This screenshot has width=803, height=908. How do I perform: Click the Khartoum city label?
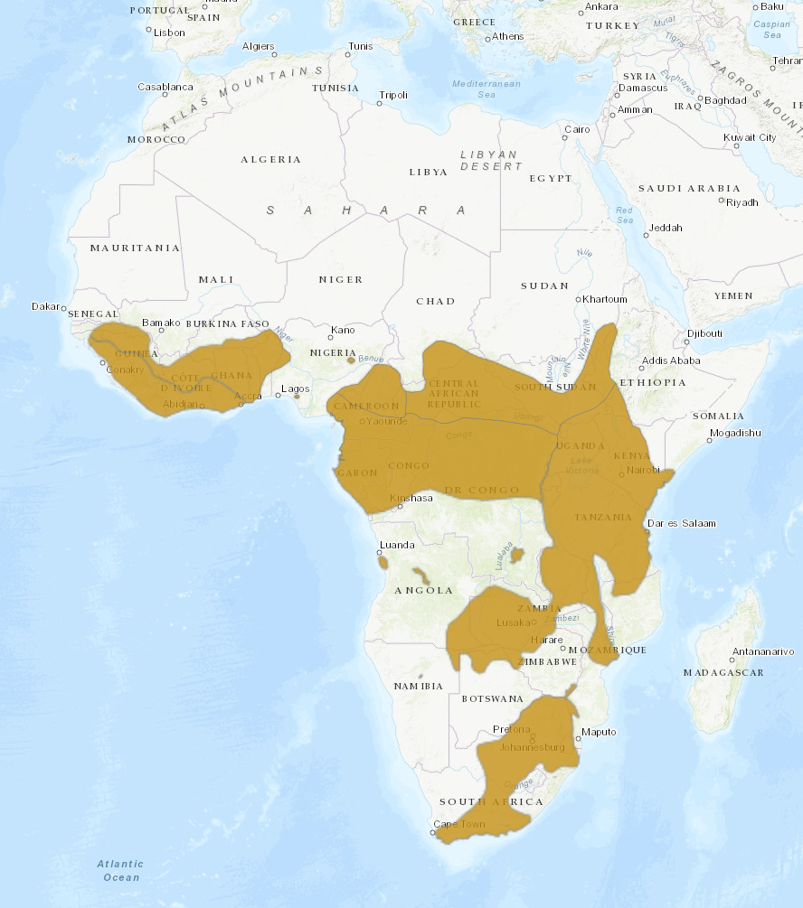click(x=605, y=299)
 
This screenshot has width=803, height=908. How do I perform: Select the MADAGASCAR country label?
click(x=723, y=672)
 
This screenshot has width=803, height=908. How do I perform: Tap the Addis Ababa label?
click(x=670, y=360)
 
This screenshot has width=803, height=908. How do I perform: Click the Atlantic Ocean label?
click(x=120, y=871)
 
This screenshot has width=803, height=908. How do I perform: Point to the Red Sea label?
click(x=625, y=215)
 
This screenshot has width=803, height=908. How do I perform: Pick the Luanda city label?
click(x=397, y=545)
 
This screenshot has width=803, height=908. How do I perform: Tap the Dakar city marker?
click(x=63, y=307)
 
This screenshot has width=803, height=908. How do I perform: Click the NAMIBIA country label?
click(x=419, y=686)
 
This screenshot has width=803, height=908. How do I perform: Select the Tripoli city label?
click(x=393, y=95)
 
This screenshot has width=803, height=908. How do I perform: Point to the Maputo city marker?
click(x=578, y=732)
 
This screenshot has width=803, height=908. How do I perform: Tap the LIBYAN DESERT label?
click(x=489, y=160)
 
